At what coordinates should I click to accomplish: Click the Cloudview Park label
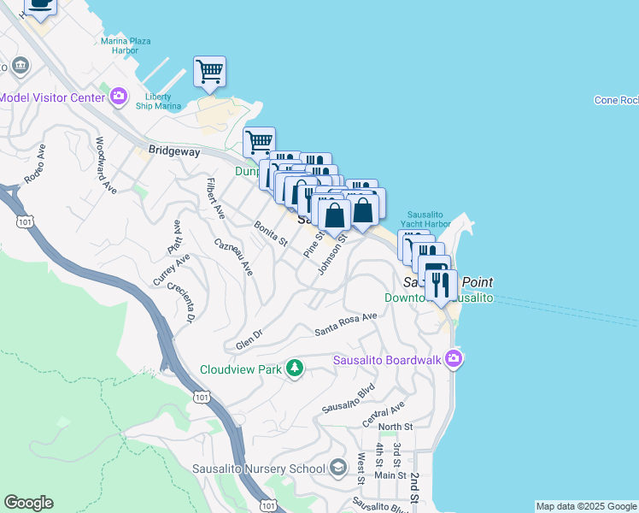[x=242, y=370]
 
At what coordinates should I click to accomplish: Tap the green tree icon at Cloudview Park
[x=295, y=369]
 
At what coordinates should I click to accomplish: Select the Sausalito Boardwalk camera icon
[x=454, y=359]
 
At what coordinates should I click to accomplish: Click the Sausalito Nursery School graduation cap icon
[x=338, y=468]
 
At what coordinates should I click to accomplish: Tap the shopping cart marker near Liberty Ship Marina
[x=209, y=72]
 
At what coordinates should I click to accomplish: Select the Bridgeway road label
[x=173, y=151]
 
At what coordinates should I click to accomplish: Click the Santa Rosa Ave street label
[x=345, y=324]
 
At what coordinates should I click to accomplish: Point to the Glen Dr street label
[x=249, y=340]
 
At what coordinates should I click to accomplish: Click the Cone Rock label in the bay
[x=616, y=100]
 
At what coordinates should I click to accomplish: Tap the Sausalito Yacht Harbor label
[x=428, y=218]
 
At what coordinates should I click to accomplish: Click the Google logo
[x=28, y=503]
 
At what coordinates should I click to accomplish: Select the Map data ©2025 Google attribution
[x=586, y=506]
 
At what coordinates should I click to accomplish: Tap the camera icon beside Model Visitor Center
[x=119, y=96]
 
